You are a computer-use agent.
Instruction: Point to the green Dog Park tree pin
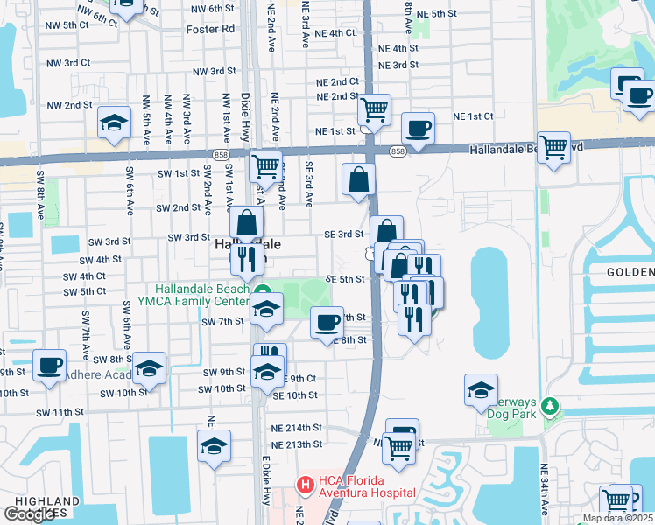[x=550, y=406]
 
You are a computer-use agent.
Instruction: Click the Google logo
[x=29, y=514]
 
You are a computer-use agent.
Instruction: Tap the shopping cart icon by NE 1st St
[x=374, y=109]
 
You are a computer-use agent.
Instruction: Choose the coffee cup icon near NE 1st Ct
[x=418, y=127]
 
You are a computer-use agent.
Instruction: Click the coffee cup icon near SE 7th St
[x=327, y=322]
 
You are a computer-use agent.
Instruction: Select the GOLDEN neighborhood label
[x=630, y=272]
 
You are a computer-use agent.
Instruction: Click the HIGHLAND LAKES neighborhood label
[x=41, y=507]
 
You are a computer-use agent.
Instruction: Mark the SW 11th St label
[x=60, y=411]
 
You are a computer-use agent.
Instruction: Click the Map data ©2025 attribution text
[x=618, y=518]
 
